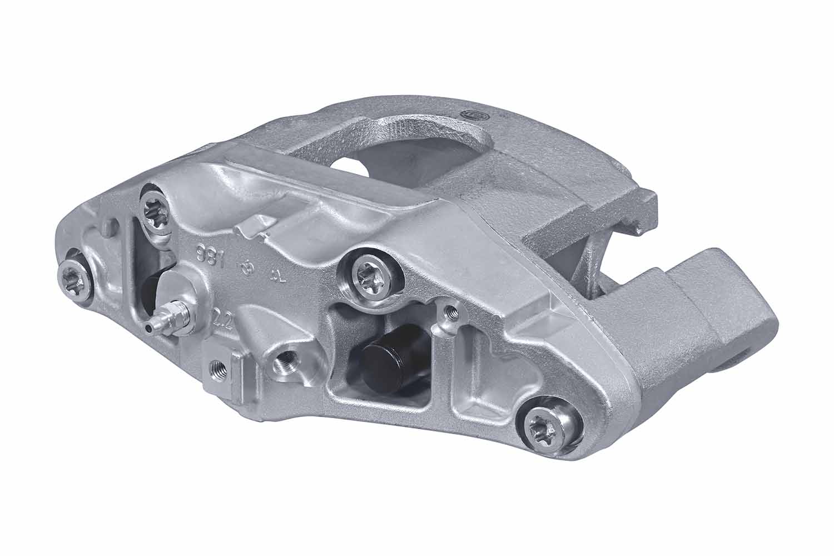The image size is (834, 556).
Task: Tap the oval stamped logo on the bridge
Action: click(472, 114)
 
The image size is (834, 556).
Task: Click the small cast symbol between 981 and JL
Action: click(245, 268)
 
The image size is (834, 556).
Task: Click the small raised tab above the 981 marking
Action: click(254, 225)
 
